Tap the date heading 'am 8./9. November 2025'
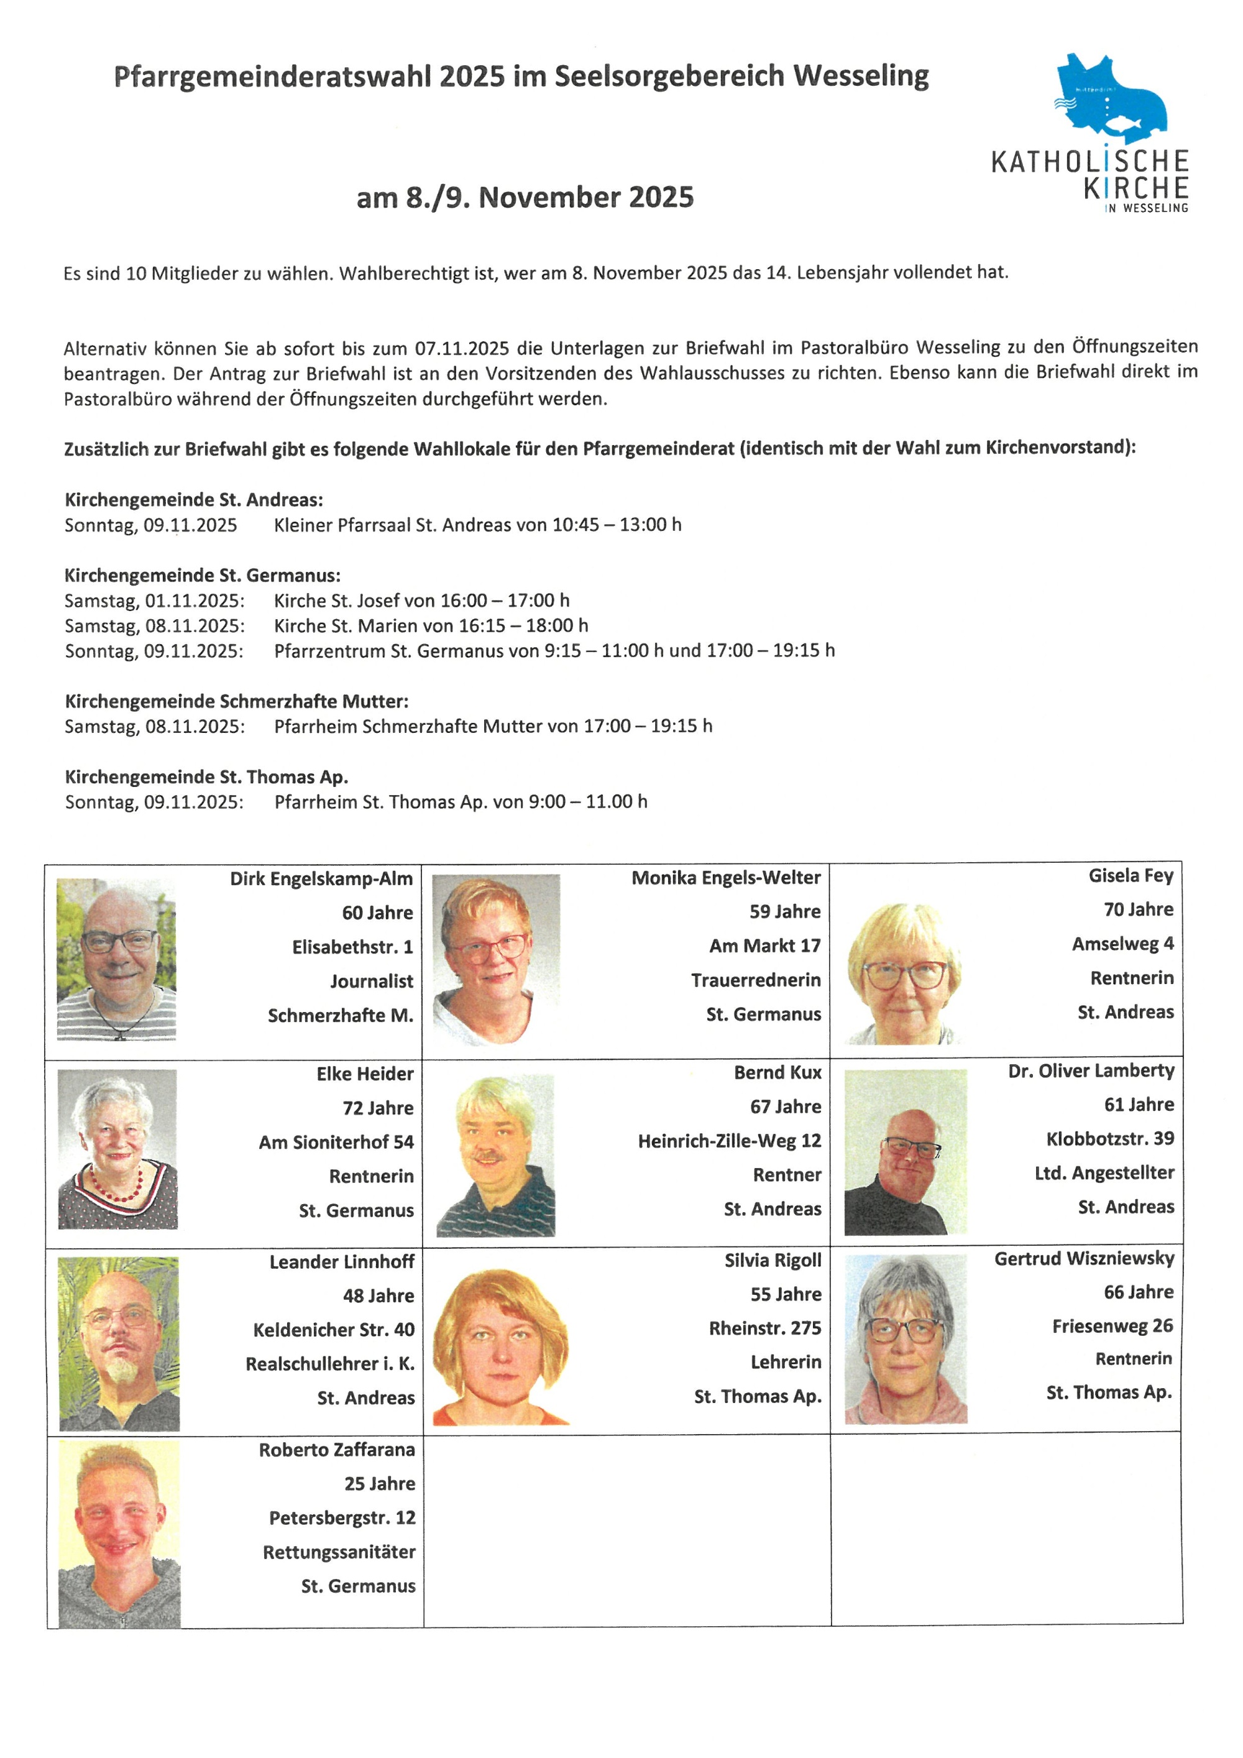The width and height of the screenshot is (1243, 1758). (x=525, y=198)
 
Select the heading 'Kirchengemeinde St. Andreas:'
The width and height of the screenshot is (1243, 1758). (x=194, y=500)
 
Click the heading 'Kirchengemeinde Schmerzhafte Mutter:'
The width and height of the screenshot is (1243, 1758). (x=237, y=701)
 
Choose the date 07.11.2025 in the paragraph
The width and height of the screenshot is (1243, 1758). (x=462, y=348)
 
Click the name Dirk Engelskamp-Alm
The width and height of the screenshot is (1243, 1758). (x=321, y=878)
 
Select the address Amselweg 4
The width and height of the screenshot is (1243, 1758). (x=1122, y=943)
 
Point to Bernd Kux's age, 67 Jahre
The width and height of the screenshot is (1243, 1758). (x=786, y=1107)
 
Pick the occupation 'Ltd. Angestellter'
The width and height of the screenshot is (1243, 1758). (x=1104, y=1172)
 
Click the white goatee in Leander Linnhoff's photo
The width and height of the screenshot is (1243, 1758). (x=121, y=1368)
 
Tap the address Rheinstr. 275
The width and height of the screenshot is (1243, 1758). (x=764, y=1328)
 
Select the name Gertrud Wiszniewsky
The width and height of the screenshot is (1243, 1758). (x=1084, y=1258)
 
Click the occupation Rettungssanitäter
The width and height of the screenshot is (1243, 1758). (x=339, y=1552)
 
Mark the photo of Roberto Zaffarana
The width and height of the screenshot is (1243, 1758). (x=119, y=1534)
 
